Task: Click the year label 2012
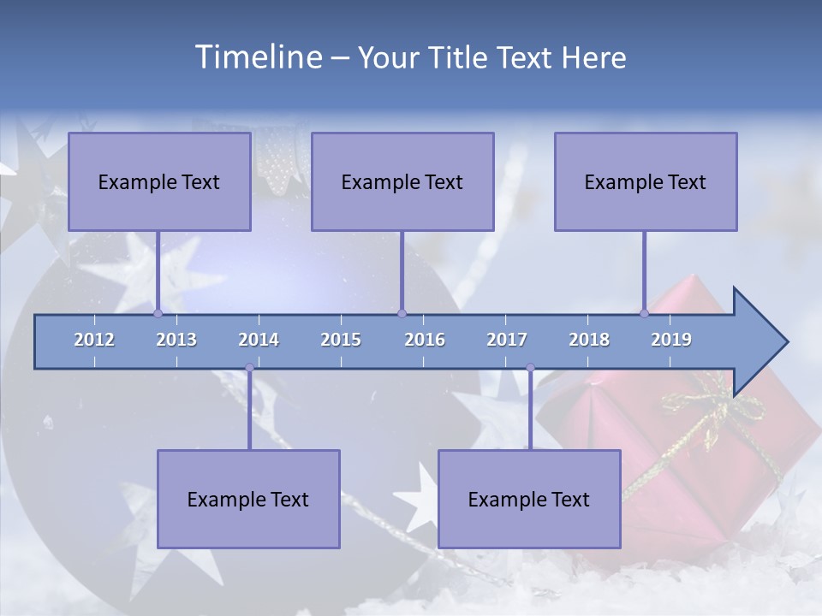click(x=94, y=340)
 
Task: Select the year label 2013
click(x=176, y=340)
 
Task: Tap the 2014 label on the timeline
click(x=259, y=340)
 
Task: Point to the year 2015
click(x=341, y=340)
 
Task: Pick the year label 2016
click(x=425, y=340)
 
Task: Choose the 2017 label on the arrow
click(x=507, y=340)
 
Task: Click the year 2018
click(x=589, y=340)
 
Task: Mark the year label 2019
click(x=671, y=340)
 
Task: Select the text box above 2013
click(x=159, y=181)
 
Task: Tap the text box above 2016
click(x=402, y=181)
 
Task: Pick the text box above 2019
click(x=646, y=181)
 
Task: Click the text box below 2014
click(x=248, y=499)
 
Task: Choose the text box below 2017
click(x=529, y=499)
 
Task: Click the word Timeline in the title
click(x=257, y=57)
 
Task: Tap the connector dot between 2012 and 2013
click(x=158, y=313)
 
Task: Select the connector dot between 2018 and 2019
click(x=644, y=313)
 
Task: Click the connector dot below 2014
click(x=249, y=368)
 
